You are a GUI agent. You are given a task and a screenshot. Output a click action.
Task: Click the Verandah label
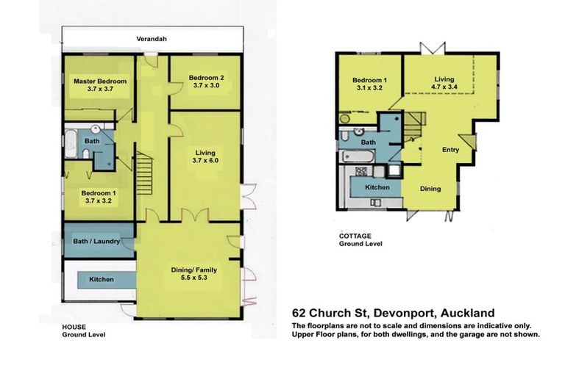click(x=152, y=39)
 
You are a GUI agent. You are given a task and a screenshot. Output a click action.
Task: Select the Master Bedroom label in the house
click(x=99, y=81)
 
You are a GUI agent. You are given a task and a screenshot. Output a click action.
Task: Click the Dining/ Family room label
click(x=195, y=270)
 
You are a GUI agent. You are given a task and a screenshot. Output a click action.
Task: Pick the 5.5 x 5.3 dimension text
click(x=195, y=279)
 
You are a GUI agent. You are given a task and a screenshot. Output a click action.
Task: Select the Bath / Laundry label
click(x=96, y=240)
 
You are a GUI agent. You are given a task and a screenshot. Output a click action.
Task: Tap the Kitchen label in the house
click(x=102, y=280)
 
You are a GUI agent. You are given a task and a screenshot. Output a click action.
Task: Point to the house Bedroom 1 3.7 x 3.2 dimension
click(x=100, y=199)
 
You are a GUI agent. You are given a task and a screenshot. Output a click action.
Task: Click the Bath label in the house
click(x=92, y=141)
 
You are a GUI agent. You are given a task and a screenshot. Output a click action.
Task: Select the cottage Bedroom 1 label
click(x=369, y=80)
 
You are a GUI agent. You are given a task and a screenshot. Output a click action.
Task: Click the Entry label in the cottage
click(x=450, y=150)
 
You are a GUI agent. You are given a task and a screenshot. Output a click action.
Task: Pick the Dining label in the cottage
click(x=430, y=189)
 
